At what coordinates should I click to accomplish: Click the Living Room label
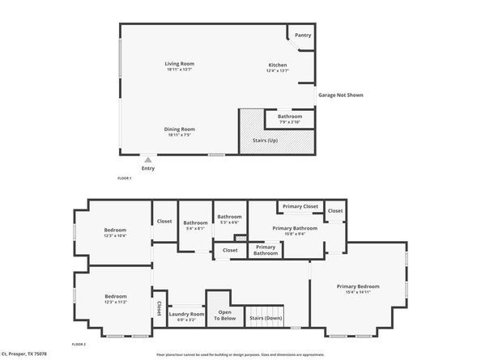(x=180, y=63)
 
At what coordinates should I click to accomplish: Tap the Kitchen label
(x=278, y=64)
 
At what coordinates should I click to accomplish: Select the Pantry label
(x=303, y=35)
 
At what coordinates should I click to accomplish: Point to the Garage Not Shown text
(x=340, y=95)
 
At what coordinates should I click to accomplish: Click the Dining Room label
(x=180, y=129)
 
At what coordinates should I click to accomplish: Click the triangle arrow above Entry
(x=147, y=160)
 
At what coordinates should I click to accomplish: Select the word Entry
(x=147, y=168)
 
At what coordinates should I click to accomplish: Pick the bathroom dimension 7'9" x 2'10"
(x=290, y=121)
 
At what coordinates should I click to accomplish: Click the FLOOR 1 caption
(x=126, y=178)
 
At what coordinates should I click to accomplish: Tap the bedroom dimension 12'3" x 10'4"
(x=115, y=235)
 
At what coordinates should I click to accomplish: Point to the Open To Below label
(x=223, y=316)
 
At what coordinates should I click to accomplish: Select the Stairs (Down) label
(x=265, y=318)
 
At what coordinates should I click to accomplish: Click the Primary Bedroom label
(x=358, y=286)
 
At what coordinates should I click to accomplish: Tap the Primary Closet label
(x=300, y=207)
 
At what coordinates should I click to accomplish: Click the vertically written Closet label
(x=159, y=309)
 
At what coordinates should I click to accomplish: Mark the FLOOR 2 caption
(x=79, y=344)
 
